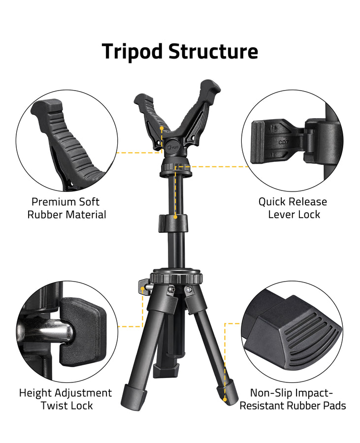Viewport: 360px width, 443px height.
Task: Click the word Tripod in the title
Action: coord(132,52)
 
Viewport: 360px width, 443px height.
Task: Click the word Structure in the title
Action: coord(213,52)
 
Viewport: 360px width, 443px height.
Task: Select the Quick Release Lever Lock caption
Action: coord(293,208)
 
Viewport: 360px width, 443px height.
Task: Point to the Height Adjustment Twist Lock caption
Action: coord(65,399)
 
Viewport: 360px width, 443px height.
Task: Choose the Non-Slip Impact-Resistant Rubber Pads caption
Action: coord(297,399)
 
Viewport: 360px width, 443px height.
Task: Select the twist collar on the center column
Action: coord(174,224)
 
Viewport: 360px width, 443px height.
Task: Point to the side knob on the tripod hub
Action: coord(144,285)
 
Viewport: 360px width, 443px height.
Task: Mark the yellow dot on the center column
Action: coord(176,217)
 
